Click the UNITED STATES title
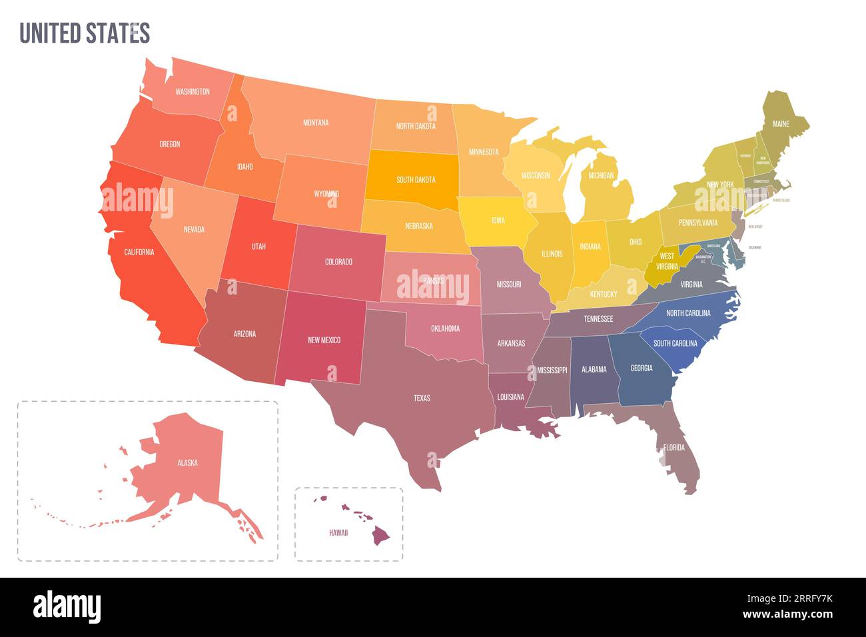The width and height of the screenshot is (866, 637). point(85,33)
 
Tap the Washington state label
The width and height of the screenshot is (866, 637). point(193,92)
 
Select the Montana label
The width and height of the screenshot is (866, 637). point(316,123)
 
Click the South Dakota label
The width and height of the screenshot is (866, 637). point(416,180)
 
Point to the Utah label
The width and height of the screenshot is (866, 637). point(258,247)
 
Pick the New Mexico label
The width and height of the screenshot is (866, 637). point(324,340)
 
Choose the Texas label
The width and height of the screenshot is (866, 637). point(422,398)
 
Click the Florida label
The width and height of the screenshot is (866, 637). point(674,448)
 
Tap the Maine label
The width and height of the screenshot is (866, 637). point(781,124)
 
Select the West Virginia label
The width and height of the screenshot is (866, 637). point(667,261)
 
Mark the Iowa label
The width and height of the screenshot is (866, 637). point(498,221)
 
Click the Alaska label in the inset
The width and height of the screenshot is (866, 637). point(187,462)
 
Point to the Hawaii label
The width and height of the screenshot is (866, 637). point(338,533)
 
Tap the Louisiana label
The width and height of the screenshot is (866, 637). point(511,397)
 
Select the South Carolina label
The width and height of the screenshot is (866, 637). point(675,344)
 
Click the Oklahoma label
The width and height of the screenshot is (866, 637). point(445,328)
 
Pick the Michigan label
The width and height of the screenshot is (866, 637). point(601,176)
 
